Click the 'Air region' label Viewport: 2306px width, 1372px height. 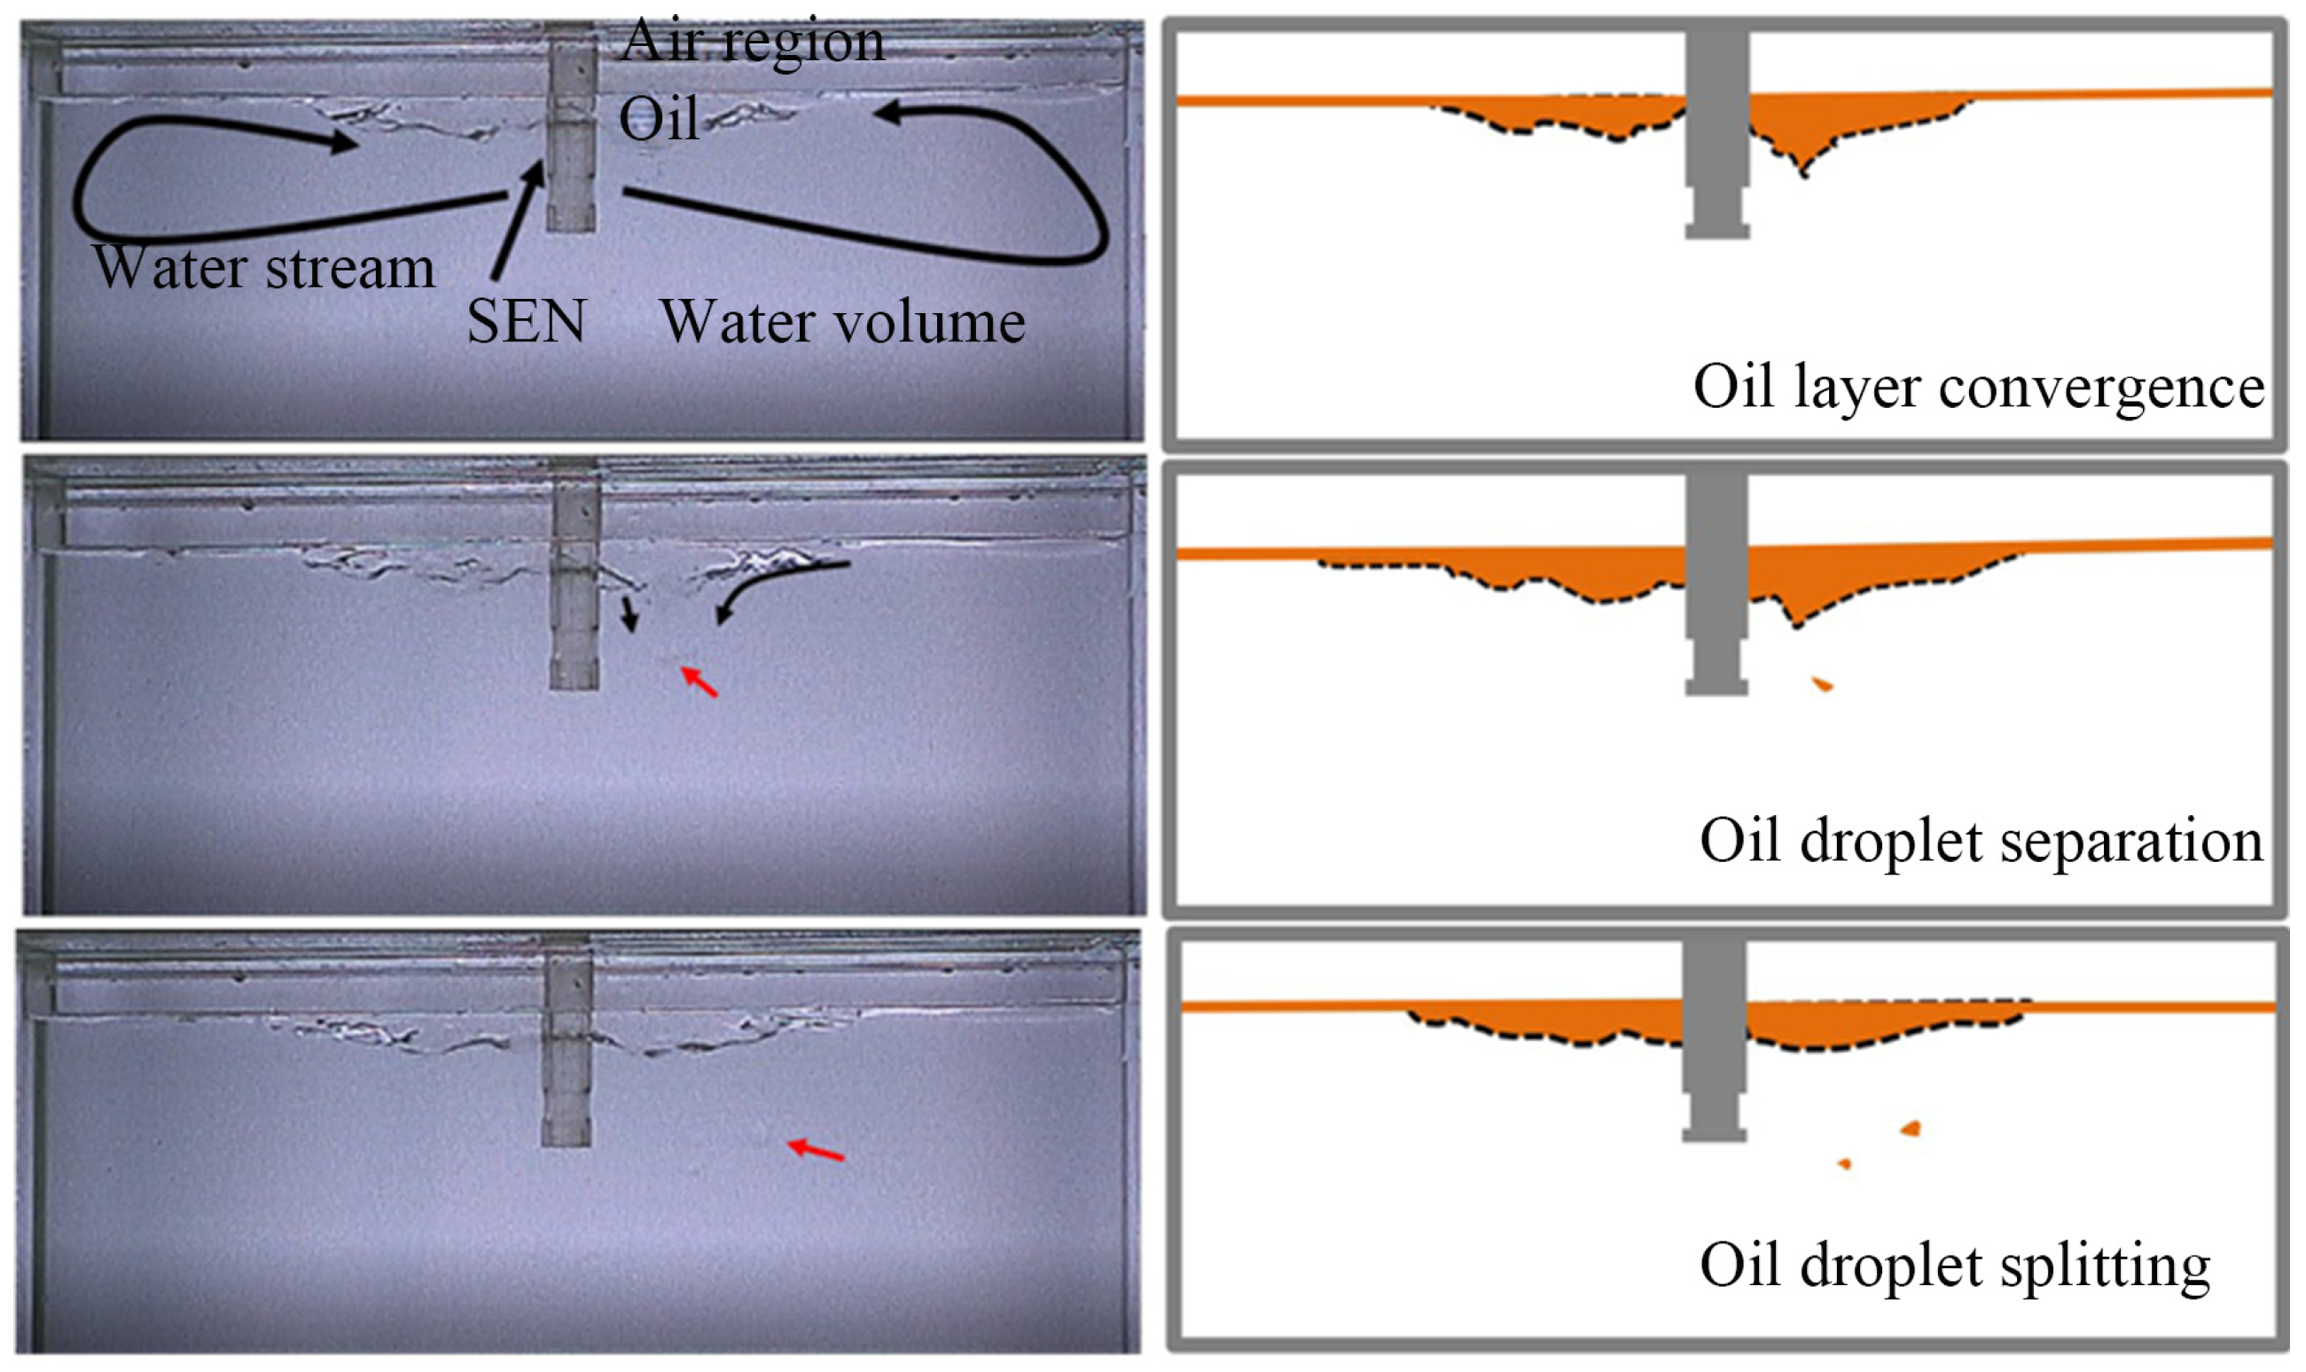753,42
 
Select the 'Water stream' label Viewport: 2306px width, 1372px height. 264,268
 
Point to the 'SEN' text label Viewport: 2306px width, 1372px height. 526,322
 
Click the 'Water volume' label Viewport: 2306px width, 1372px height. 842,323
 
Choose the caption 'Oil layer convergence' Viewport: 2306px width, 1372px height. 1978,387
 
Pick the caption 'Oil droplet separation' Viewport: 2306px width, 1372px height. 1981,841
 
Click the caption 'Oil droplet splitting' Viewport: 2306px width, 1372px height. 1955,1264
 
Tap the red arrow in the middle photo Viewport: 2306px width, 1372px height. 700,681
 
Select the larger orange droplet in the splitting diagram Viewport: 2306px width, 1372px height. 1911,1129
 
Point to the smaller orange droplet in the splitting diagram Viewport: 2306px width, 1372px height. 1845,1164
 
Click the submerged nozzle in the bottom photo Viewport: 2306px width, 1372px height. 567,1045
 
